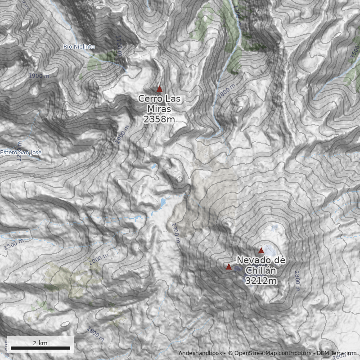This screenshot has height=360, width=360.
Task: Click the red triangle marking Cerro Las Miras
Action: point(159,89)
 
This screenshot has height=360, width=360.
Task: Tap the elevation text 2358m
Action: point(159,119)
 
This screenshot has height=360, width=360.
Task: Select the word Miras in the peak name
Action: point(159,109)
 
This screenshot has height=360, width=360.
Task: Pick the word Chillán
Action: point(261,270)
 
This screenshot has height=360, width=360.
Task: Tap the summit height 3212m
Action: point(261,281)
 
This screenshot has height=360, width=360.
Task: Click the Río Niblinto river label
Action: point(79,47)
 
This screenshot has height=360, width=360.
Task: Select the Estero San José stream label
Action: point(21,153)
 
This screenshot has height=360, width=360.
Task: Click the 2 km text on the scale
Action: point(40,343)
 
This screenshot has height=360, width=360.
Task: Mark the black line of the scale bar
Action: point(40,348)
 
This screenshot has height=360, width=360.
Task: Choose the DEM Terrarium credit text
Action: point(337,353)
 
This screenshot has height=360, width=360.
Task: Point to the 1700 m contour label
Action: point(119,45)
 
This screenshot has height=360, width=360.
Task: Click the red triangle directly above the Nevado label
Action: point(261,251)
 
